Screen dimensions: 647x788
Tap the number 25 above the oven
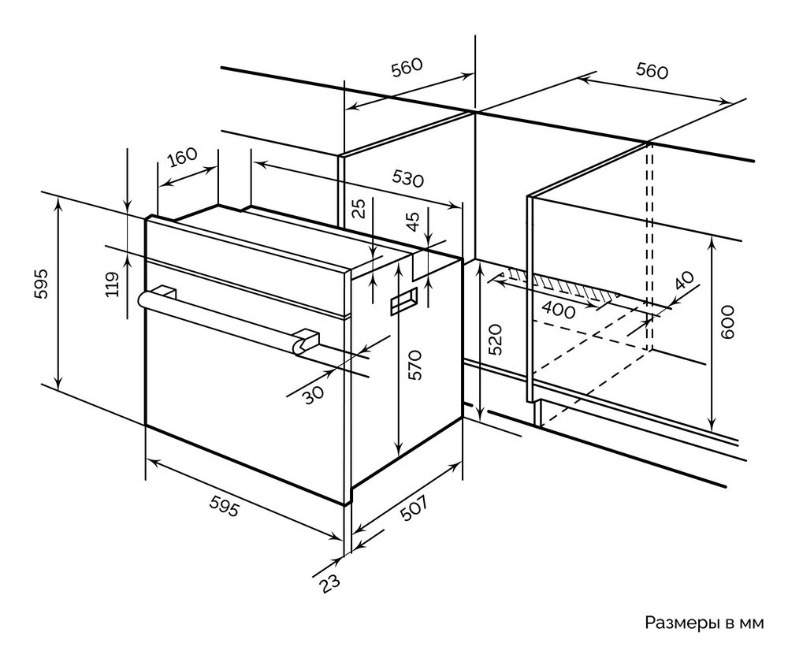(359, 209)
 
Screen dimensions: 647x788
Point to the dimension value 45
(413, 222)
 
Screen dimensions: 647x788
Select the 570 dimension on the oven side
(417, 364)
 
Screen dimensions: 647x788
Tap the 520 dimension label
(495, 339)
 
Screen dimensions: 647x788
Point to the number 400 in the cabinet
(559, 310)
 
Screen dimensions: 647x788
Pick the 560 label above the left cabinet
(407, 68)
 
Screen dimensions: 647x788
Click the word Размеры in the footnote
(679, 623)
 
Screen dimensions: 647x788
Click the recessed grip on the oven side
(404, 302)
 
